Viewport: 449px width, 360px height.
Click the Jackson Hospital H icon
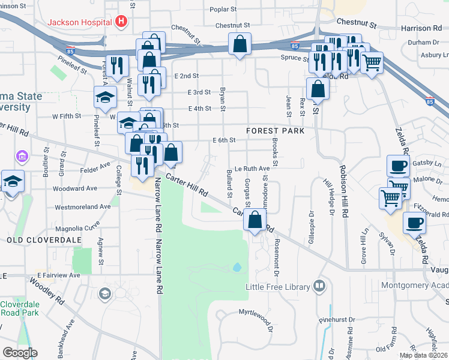(x=122, y=22)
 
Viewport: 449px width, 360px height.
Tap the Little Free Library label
(x=279, y=287)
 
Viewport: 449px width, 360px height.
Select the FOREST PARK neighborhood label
(x=275, y=130)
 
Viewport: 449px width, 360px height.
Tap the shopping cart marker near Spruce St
(x=372, y=62)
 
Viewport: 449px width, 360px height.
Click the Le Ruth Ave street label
(x=252, y=169)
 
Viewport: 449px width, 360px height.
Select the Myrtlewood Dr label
(x=256, y=313)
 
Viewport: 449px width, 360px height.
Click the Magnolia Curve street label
(x=77, y=227)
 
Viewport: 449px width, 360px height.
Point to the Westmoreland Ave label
(x=83, y=206)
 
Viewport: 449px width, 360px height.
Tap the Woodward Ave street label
(x=74, y=188)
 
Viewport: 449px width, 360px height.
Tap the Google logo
(x=20, y=353)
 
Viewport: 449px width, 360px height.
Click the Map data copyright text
(x=423, y=355)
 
